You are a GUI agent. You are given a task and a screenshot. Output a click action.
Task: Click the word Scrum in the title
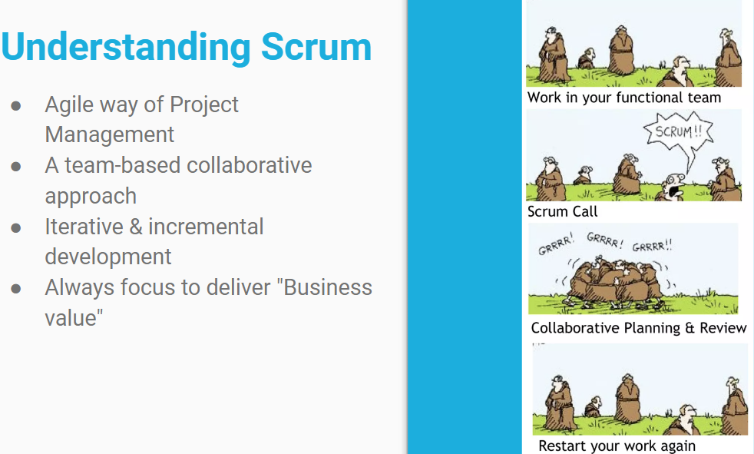tap(316, 47)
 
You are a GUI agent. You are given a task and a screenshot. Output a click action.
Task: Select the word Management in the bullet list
tap(109, 134)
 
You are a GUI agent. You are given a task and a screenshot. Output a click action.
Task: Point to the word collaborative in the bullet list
tap(249, 165)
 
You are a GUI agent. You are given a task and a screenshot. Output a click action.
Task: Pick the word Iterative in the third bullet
tap(84, 227)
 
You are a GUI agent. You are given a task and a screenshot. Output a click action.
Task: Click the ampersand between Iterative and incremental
tap(136, 227)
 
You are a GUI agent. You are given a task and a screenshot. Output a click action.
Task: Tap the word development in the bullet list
tap(107, 257)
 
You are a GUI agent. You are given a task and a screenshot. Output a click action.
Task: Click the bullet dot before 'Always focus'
tap(16, 289)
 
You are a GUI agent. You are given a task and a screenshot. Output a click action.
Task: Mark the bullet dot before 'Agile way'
tap(16, 106)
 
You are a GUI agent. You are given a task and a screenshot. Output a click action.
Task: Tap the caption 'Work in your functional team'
tap(624, 98)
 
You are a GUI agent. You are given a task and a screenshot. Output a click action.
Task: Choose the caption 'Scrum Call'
tap(562, 211)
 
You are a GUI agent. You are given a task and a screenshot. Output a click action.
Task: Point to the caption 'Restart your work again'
tap(617, 446)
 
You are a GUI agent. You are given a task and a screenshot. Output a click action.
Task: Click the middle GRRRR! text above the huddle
tap(604, 240)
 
